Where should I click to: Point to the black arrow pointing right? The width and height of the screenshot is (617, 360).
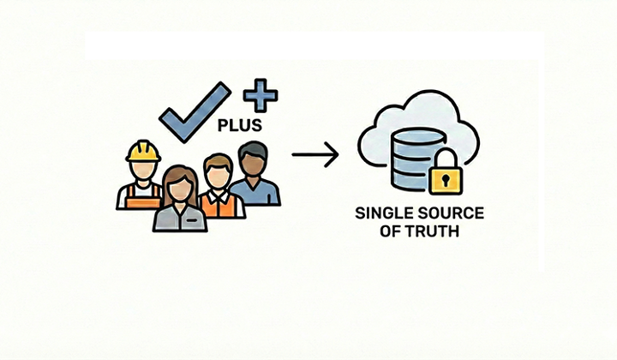point(314,154)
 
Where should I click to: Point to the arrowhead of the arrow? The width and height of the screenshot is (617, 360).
point(333,154)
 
